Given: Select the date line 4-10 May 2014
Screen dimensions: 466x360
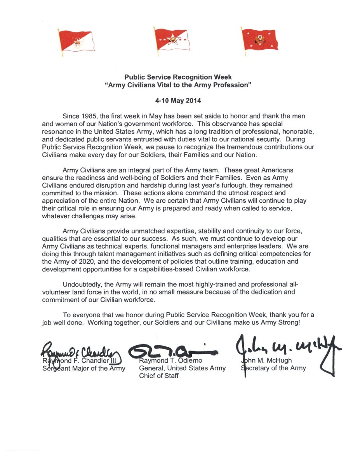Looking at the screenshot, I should pyautogui.click(x=179, y=100).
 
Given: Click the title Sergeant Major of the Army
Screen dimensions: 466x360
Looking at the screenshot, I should pyautogui.click(x=83, y=368).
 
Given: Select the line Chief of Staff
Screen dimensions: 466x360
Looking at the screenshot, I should pyautogui.click(x=159, y=376).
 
